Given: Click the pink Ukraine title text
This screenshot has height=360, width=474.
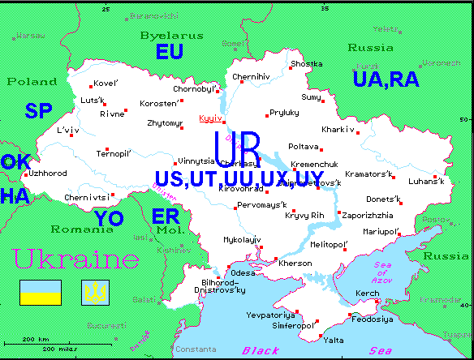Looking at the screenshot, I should point(75,259).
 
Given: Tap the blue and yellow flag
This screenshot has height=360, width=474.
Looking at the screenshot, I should point(41,292).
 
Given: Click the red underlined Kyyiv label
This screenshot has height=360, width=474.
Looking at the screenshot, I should point(209,120).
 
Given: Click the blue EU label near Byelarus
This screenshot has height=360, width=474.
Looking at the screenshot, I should point(170,53).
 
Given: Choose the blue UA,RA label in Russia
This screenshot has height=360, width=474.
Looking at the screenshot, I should point(386,79).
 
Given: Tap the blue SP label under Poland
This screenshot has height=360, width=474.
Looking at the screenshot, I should point(38,111).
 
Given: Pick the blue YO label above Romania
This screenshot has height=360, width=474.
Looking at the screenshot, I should point(108,218).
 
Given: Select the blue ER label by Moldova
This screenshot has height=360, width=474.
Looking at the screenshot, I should point(166,216).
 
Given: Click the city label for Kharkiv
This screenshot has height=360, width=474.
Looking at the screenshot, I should point(338,129).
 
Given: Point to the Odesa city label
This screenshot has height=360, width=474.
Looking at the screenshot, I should point(243,272).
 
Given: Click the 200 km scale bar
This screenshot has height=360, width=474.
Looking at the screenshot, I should point(37,338).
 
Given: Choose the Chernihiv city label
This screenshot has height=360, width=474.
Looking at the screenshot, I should point(249,77).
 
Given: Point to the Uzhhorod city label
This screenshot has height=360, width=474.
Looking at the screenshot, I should point(47,173).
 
